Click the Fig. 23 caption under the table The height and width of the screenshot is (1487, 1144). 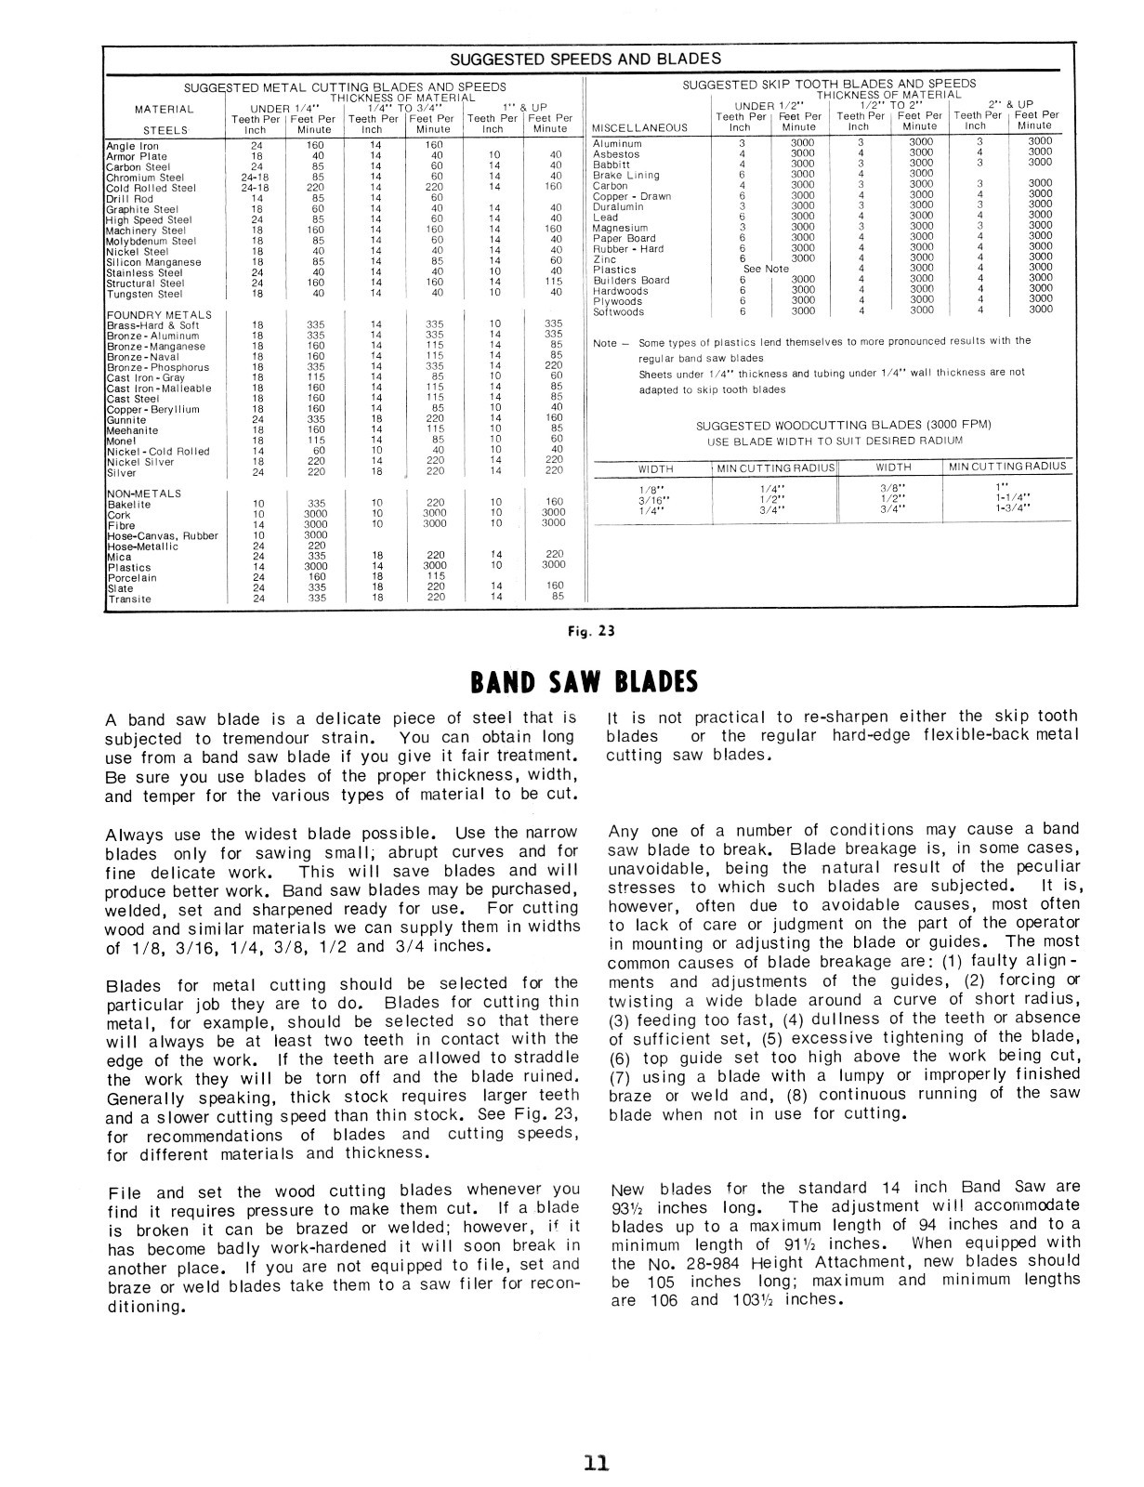592,630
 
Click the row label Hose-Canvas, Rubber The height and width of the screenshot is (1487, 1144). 163,535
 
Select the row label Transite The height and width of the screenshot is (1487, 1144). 129,599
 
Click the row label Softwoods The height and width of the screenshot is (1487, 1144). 618,312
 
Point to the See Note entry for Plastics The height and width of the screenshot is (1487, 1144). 767,270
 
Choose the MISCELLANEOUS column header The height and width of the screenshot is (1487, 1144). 639,127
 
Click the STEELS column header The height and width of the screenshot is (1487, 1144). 165,130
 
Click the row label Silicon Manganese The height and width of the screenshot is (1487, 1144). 153,262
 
